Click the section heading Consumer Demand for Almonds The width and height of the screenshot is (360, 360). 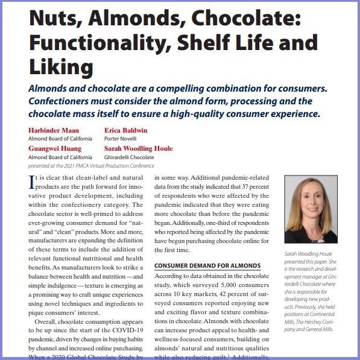[207, 265]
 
